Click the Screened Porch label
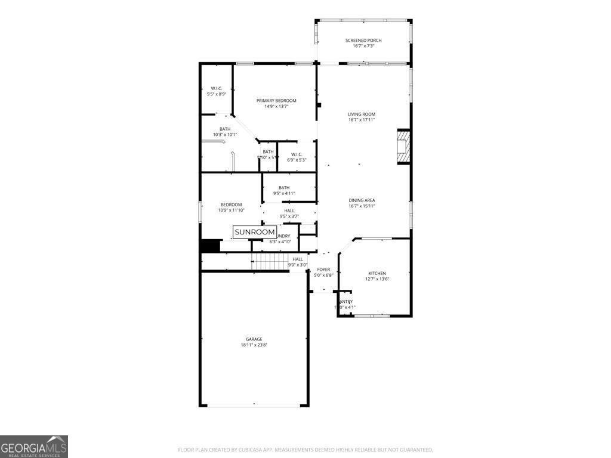363,41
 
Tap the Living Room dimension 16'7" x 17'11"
362,120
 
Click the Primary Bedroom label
276,101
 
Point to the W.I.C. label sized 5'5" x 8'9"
216,88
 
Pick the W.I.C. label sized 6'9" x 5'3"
297,154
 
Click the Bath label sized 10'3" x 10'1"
225,129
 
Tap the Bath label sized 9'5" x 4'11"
284,188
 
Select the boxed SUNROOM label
255,232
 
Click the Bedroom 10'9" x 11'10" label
231,205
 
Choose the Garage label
254,339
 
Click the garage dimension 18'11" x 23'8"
254,345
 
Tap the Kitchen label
377,273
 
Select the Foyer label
323,270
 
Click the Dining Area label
362,200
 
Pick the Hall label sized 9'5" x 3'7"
289,211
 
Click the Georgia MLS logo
34,447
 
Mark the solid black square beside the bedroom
210,246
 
